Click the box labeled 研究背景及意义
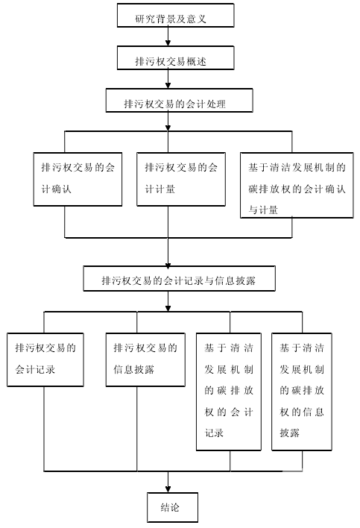point(175,15)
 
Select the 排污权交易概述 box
point(175,58)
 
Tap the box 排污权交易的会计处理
point(179,101)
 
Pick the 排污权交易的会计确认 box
point(78,179)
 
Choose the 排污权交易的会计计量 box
point(180,179)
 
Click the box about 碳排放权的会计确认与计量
point(297,185)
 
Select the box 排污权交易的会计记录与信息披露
point(179,278)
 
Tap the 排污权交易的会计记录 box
point(45,359)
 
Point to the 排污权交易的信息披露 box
point(145,359)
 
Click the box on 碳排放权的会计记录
point(229,392)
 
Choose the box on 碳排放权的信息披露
point(301,392)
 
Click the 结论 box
point(172,507)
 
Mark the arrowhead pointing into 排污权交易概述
point(168,43)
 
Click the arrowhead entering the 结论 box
point(168,489)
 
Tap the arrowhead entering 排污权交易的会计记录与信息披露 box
point(168,263)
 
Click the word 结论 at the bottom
point(170,507)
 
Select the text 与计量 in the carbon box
point(263,210)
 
